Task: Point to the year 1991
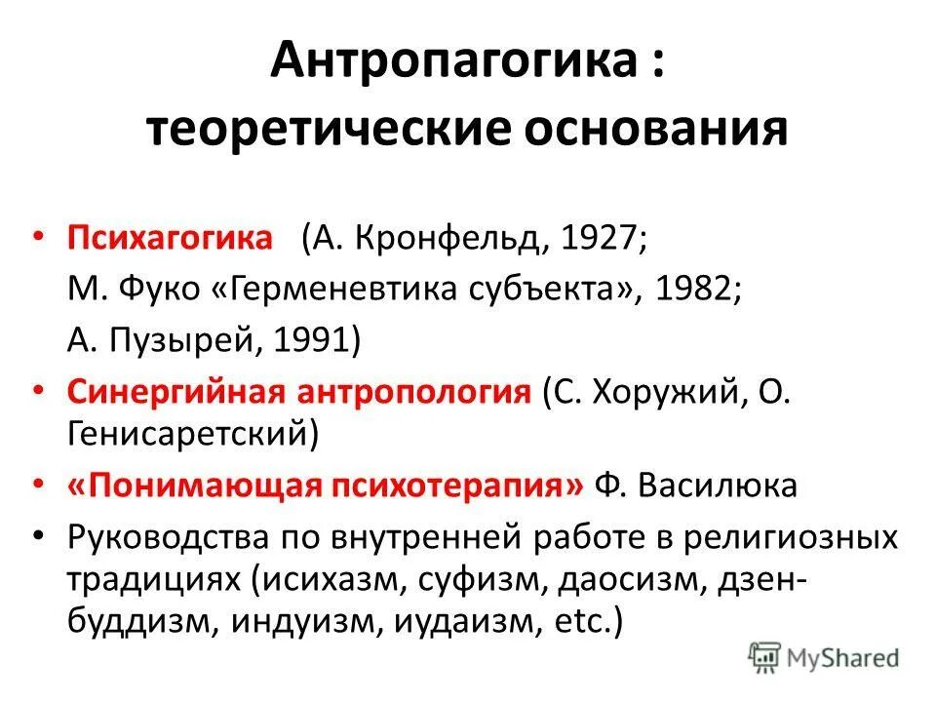click(x=314, y=339)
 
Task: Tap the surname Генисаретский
click(x=186, y=434)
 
